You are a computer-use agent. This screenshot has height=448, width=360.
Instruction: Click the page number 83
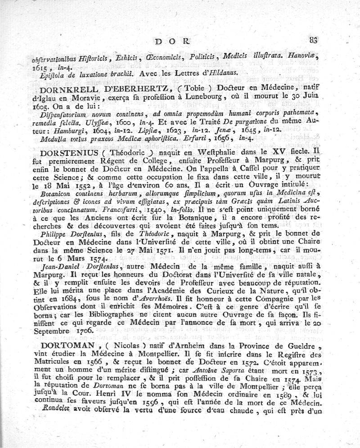(313, 40)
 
